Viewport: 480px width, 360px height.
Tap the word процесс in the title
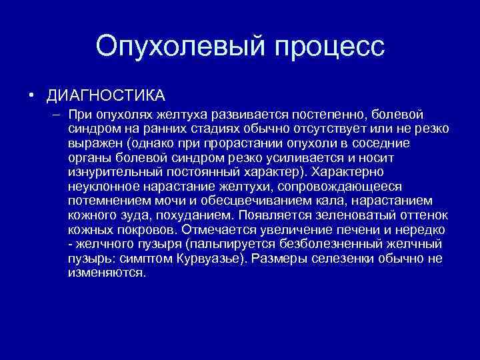point(325,46)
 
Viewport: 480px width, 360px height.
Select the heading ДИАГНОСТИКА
point(105,95)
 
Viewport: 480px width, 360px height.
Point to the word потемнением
point(109,201)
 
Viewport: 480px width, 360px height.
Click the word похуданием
point(197,215)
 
